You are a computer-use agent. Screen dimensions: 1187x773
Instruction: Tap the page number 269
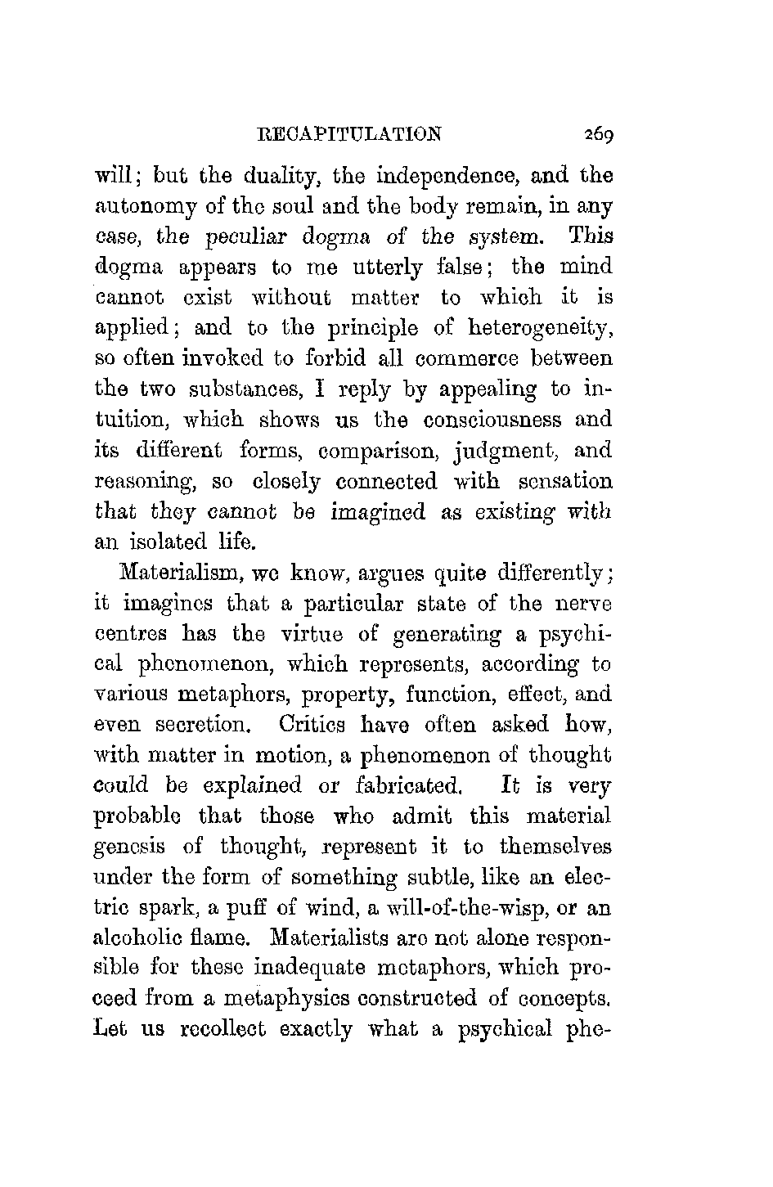(599, 134)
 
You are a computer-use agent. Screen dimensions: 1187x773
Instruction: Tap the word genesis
(143, 847)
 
